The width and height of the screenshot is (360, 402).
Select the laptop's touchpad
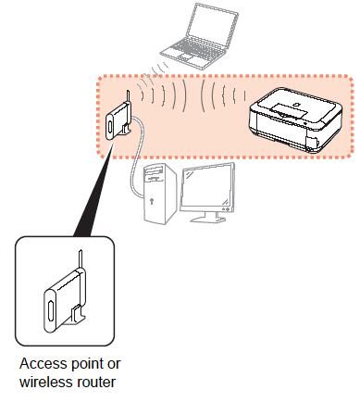(x=187, y=57)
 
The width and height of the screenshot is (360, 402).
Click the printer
(x=295, y=120)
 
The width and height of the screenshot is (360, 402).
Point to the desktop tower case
(x=160, y=193)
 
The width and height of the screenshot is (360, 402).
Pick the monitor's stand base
(x=208, y=219)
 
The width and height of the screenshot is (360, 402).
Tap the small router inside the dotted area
(x=118, y=119)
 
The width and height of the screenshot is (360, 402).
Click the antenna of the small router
(x=128, y=96)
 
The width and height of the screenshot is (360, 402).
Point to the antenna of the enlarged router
(x=81, y=259)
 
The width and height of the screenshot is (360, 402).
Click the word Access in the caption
(x=43, y=364)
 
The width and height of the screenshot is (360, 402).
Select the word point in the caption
(x=87, y=364)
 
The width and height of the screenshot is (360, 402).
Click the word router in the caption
(x=96, y=383)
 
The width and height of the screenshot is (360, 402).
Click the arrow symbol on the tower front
(x=151, y=201)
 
